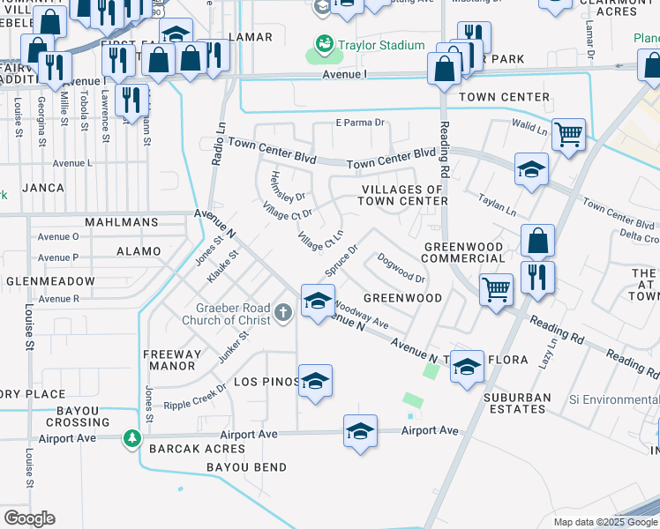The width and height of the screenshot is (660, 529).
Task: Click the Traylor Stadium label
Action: [x=380, y=45]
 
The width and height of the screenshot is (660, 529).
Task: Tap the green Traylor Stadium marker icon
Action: [x=324, y=44]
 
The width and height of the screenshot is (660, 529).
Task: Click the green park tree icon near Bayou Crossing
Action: [x=131, y=437]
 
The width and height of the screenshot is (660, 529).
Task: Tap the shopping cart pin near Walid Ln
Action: [x=569, y=135]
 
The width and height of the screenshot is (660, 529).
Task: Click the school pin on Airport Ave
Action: [x=360, y=431]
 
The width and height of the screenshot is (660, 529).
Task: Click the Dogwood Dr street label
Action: [x=402, y=268]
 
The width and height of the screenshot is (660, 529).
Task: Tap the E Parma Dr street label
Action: [x=361, y=123]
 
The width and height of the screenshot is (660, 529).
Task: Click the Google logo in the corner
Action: [x=29, y=518]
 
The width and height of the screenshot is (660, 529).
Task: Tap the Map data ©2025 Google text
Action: [x=604, y=522]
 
